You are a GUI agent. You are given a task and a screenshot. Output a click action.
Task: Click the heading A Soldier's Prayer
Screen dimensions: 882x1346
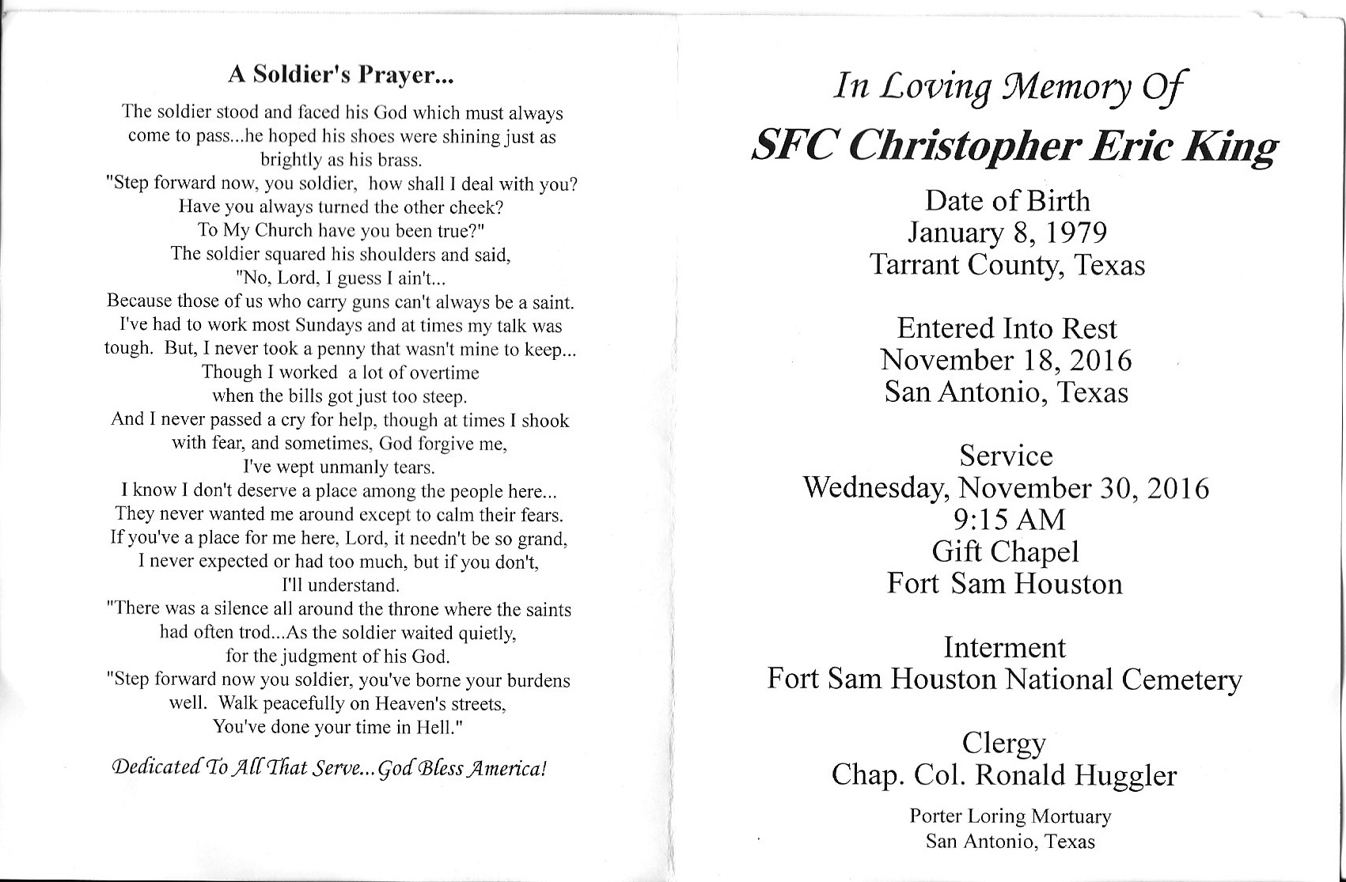tap(340, 74)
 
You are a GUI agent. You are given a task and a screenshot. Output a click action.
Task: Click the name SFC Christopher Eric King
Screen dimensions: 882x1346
tap(1014, 145)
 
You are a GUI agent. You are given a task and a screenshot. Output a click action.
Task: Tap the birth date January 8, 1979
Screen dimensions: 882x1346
tap(1007, 233)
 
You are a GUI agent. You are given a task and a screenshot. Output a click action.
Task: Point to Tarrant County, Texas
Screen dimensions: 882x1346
tap(1007, 264)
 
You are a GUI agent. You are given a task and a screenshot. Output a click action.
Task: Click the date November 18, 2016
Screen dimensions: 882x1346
tap(1006, 361)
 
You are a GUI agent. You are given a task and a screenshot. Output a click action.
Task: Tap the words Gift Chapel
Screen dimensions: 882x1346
tap(1005, 551)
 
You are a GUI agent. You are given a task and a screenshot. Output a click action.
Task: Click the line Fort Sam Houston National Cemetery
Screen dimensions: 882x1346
tap(1004, 679)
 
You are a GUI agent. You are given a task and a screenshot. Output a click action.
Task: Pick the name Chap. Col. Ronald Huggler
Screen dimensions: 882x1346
tap(1003, 775)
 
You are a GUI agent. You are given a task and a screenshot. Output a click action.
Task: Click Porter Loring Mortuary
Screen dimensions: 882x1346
tap(1010, 816)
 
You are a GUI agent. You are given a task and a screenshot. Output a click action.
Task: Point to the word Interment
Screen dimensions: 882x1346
tap(1004, 648)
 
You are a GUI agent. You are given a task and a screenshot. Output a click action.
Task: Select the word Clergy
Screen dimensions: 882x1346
tap(1003, 744)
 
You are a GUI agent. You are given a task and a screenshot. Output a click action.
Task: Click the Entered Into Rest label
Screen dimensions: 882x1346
tap(1006, 328)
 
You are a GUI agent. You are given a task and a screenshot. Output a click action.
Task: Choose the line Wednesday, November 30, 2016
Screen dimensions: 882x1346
tap(1006, 488)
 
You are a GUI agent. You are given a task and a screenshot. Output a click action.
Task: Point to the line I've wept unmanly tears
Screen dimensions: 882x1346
tap(339, 467)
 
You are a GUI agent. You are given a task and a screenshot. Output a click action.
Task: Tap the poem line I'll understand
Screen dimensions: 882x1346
tap(340, 585)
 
